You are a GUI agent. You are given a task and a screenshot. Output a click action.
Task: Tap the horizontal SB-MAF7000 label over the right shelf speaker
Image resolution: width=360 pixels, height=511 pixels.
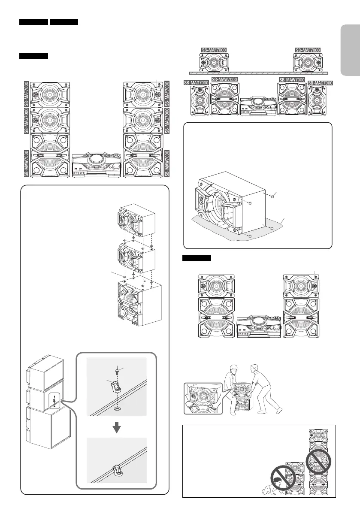pos(308,50)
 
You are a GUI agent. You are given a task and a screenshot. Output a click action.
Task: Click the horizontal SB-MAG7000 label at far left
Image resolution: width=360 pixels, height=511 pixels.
pos(196,82)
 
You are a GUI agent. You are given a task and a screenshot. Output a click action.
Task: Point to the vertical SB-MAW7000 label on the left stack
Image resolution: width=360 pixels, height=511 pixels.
pos(27,163)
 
